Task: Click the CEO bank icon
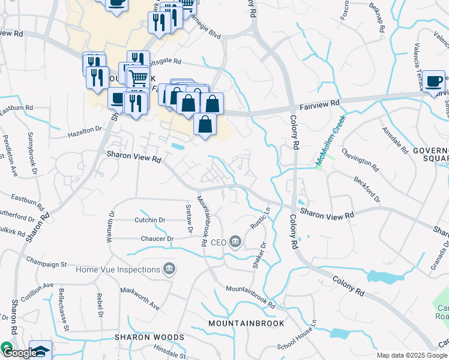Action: click(235, 242)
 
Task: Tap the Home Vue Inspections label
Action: click(117, 269)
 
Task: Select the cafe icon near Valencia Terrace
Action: click(433, 81)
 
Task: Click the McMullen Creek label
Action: click(331, 140)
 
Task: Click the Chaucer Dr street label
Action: click(157, 239)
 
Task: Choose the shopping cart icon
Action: click(138, 77)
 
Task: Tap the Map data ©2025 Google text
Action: click(412, 355)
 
